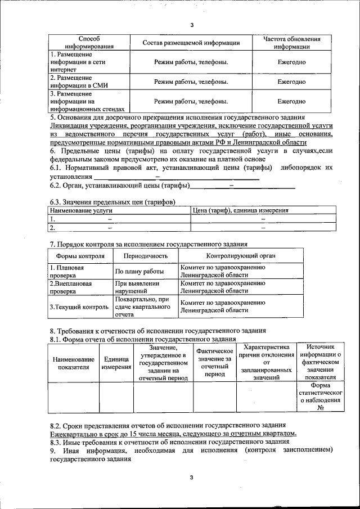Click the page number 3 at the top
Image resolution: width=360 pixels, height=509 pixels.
(191, 25)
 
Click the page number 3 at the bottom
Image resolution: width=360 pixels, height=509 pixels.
(191, 478)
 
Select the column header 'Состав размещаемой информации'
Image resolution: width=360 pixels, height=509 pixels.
(191, 43)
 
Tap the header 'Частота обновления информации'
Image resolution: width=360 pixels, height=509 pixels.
(291, 43)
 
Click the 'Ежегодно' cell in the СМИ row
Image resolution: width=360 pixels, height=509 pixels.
(291, 82)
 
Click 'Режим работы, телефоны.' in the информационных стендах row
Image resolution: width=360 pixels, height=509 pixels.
(191, 101)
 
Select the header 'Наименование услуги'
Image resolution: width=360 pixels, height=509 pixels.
(79, 210)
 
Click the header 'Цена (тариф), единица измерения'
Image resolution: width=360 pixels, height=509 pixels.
(241, 210)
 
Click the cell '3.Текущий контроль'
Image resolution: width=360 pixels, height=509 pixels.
(79, 307)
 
